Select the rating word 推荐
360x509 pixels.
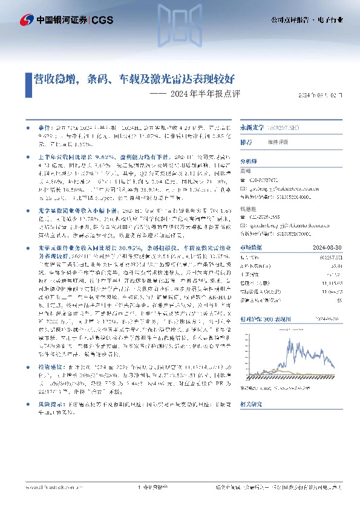coord(247,143)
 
